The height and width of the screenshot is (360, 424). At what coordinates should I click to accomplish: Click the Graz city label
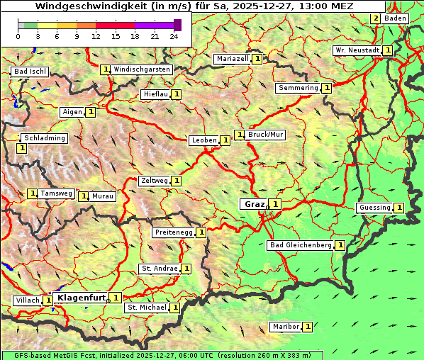pyautogui.click(x=255, y=204)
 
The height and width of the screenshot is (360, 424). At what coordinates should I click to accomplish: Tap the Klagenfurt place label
pyautogui.click(x=81, y=298)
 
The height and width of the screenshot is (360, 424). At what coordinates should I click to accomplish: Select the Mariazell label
pyautogui.click(x=232, y=59)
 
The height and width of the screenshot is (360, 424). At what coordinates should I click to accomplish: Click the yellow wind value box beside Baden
pyautogui.click(x=375, y=18)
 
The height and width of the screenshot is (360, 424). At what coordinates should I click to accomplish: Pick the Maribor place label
pyautogui.click(x=285, y=327)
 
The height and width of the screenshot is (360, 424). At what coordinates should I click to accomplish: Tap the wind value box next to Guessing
pyautogui.click(x=399, y=208)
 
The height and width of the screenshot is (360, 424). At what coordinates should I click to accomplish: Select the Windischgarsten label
pyautogui.click(x=142, y=69)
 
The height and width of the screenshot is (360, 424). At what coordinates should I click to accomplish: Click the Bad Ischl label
pyautogui.click(x=30, y=72)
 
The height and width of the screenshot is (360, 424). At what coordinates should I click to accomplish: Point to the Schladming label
pyautogui.click(x=44, y=138)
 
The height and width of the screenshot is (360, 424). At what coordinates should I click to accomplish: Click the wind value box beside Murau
pyautogui.click(x=84, y=196)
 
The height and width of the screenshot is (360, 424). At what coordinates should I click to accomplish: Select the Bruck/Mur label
pyautogui.click(x=266, y=135)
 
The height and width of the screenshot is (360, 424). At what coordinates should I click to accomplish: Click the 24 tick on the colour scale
pyautogui.click(x=174, y=36)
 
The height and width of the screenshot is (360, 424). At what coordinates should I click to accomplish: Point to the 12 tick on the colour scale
pyautogui.click(x=95, y=36)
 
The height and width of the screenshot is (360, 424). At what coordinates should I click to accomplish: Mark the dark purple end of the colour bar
pyautogui.click(x=177, y=25)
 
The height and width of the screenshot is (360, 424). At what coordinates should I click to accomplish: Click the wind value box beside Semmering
pyautogui.click(x=327, y=88)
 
